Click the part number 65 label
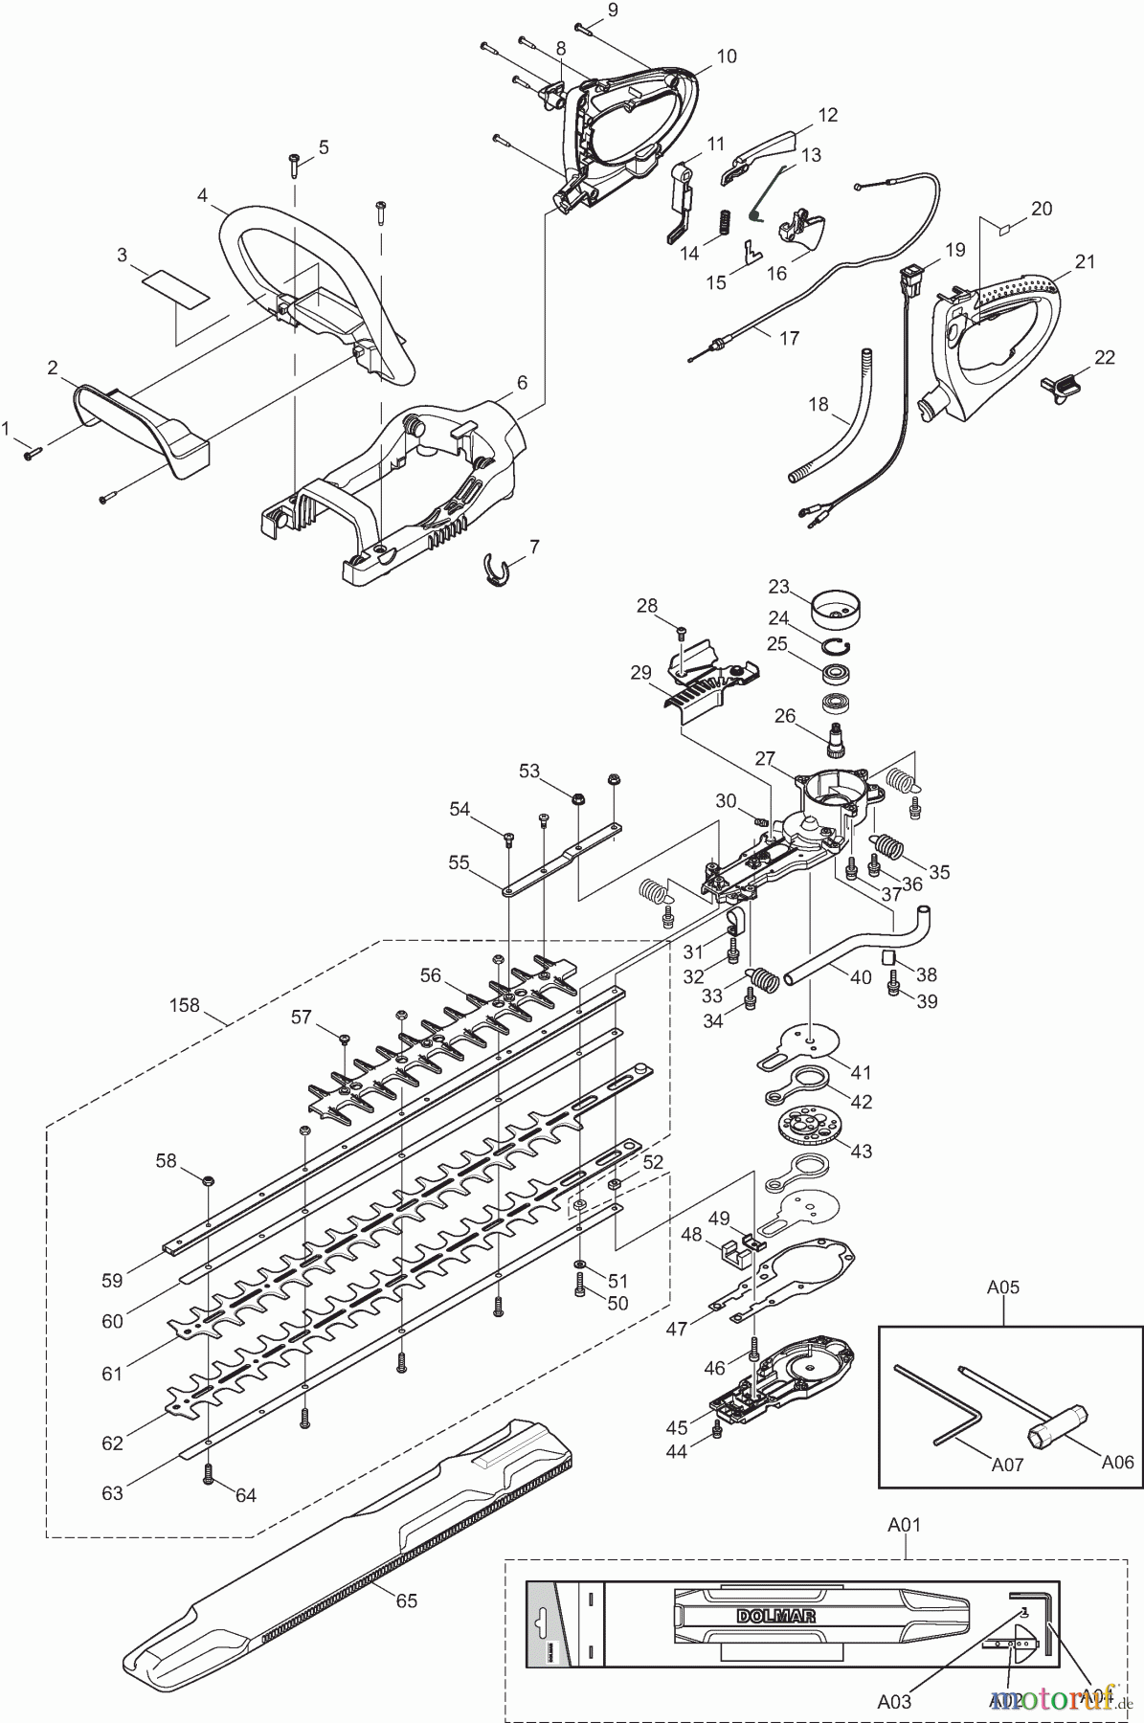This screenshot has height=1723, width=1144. [407, 1600]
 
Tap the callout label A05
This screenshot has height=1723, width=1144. [1002, 1287]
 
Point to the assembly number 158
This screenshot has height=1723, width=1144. [184, 1005]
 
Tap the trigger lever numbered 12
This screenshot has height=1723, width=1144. [756, 153]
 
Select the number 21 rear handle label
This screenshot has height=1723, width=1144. [1085, 261]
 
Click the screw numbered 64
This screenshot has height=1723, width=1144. [210, 1477]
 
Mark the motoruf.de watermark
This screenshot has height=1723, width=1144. [1053, 1697]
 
